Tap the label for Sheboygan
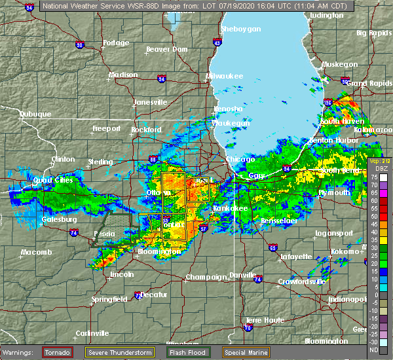[x=241, y=29]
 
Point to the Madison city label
[x=124, y=75]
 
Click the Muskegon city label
[x=339, y=64]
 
